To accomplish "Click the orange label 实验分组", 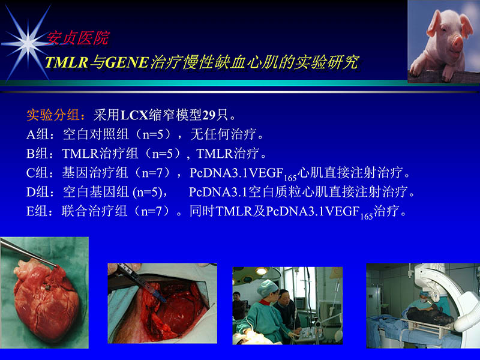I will [52, 115].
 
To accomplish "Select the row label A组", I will [37, 134].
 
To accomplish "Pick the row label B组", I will [37, 154].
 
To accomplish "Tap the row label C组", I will [37, 173].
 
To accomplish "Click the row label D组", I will [37, 193].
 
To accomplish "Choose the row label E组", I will [37, 212].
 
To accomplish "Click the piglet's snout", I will [457, 43].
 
